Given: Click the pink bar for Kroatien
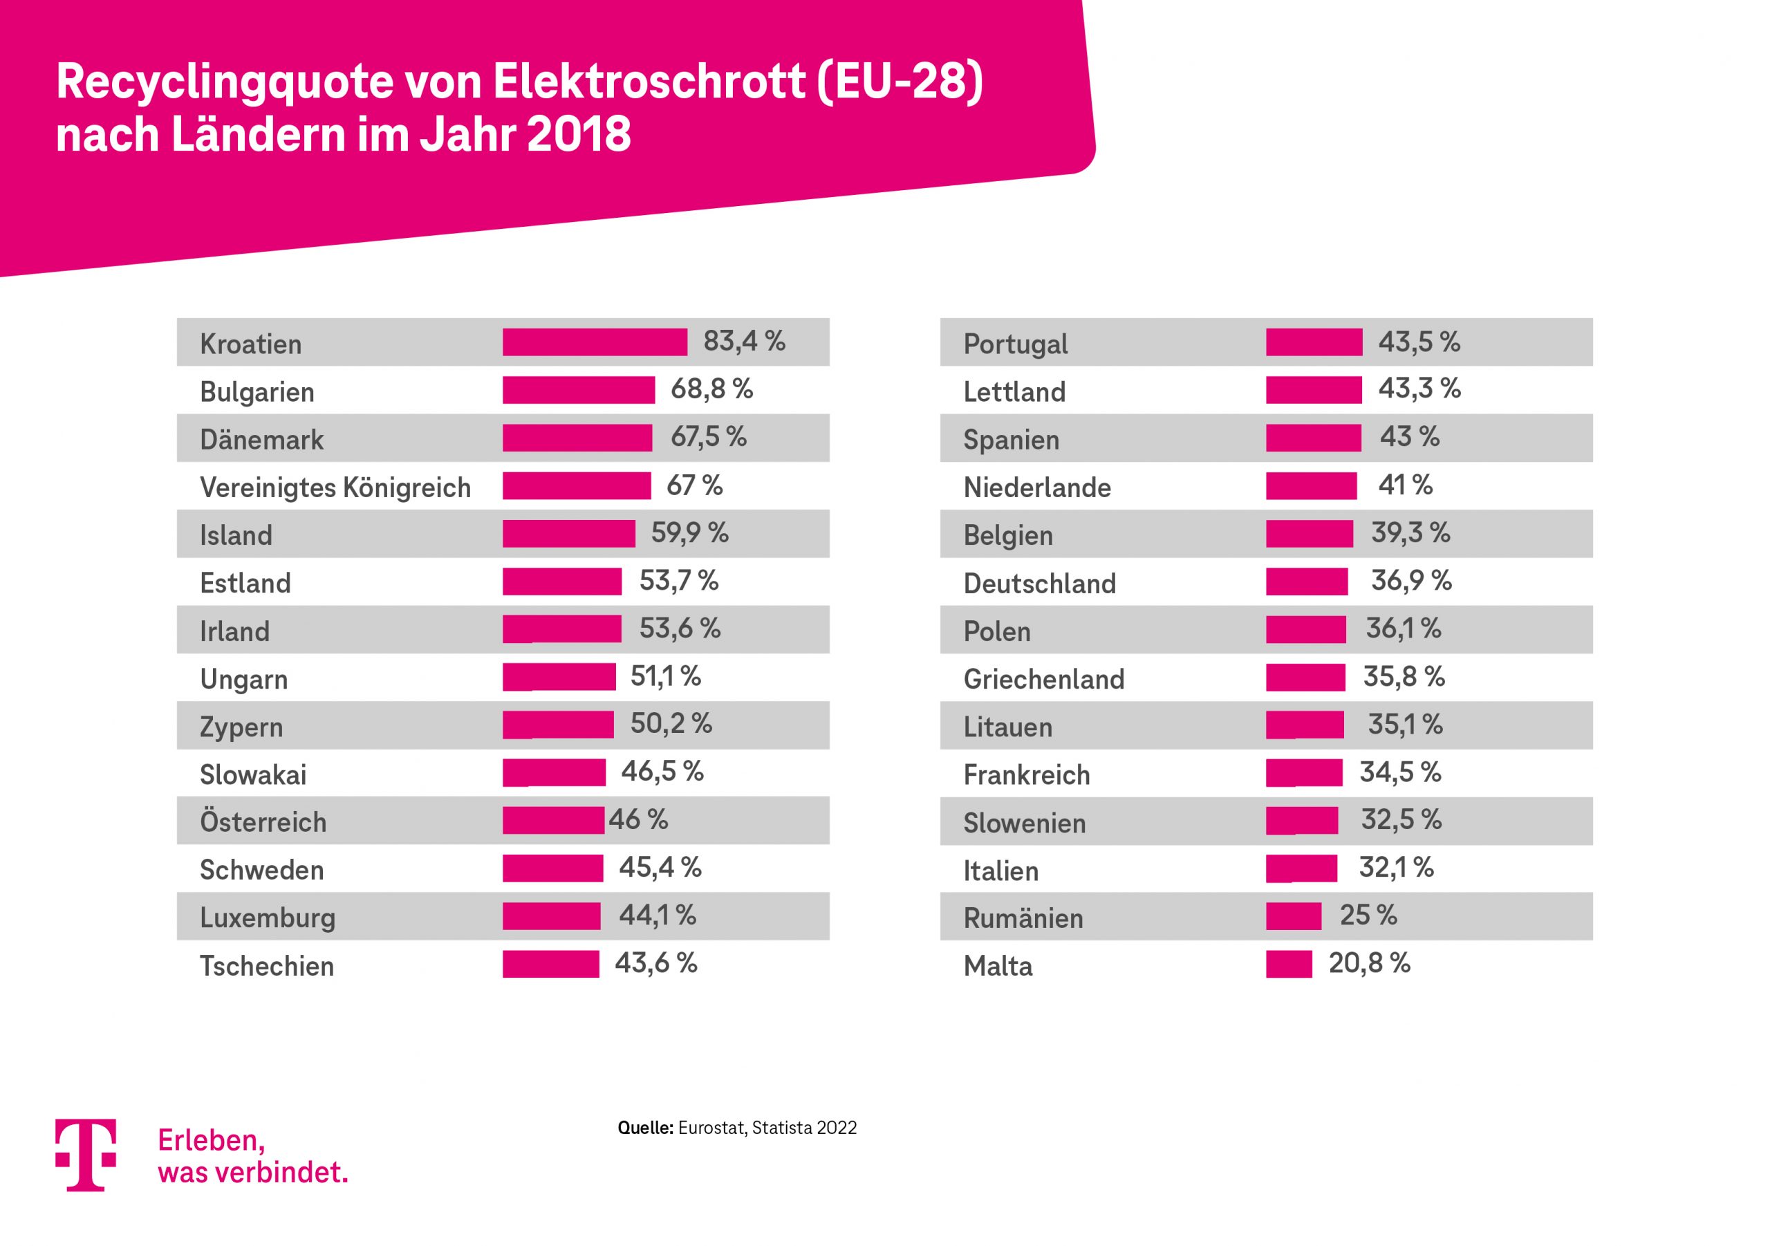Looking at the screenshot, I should coord(595,342).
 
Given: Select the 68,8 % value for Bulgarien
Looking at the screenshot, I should coord(711,389).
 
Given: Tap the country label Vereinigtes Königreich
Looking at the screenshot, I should coord(335,487).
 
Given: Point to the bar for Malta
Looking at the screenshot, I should coord(1288,964).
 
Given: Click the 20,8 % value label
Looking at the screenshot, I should coord(1369,963).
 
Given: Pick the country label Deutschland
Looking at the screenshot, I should coord(1039,584).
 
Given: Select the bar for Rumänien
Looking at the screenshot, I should coord(1293,916).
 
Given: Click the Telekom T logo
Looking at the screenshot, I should coord(86,1154).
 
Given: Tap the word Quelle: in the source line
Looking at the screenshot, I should coord(645,1128).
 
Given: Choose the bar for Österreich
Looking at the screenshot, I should coord(552,820).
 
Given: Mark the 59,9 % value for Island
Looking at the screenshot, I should coord(689,533).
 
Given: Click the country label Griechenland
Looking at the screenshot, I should coord(1044,679).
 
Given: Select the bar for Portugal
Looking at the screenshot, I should coord(1314,342).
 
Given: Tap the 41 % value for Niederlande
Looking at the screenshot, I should coord(1404,485).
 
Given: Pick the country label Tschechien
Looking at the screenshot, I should coord(267,966).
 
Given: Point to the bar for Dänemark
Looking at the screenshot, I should coord(577,438).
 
